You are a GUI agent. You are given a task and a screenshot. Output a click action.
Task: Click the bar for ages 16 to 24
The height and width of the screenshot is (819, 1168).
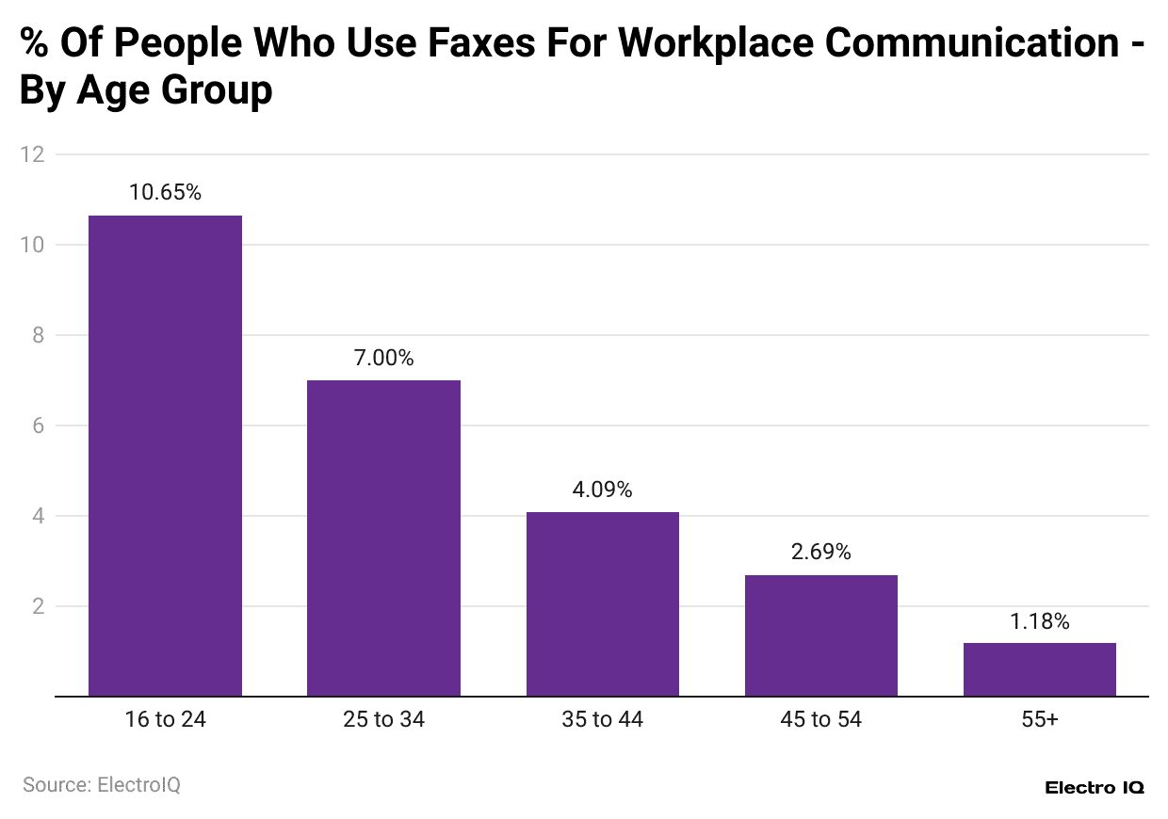(x=165, y=456)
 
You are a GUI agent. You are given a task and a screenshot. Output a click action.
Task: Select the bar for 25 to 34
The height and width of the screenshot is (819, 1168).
(x=383, y=538)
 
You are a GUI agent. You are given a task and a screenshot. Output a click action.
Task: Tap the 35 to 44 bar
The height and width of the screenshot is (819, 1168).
(x=602, y=603)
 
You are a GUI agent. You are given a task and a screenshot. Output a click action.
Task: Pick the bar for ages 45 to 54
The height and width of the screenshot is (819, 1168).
(x=820, y=635)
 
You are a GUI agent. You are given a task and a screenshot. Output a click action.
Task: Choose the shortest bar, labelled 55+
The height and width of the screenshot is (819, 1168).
(x=1039, y=669)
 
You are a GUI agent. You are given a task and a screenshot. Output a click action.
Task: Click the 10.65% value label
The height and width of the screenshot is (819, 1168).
(x=165, y=193)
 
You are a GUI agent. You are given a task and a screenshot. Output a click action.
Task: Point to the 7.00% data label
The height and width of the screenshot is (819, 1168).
(x=383, y=358)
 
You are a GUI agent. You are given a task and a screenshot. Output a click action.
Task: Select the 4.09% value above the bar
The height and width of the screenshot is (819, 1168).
(x=602, y=490)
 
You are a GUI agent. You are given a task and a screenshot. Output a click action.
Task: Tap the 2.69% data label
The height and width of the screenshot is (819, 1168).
(x=820, y=553)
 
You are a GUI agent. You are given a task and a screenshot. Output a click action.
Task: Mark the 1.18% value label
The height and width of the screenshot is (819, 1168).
(x=1039, y=621)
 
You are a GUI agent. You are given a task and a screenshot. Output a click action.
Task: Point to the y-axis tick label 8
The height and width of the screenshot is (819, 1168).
(x=38, y=335)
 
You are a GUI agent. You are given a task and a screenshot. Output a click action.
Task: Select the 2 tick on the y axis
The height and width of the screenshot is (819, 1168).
(x=38, y=606)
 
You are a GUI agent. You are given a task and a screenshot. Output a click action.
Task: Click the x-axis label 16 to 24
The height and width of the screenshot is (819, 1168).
(x=165, y=720)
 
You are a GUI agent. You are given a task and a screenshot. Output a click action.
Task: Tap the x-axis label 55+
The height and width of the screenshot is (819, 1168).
(x=1039, y=720)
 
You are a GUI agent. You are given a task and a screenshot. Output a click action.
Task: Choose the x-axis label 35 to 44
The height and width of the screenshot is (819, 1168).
(x=602, y=720)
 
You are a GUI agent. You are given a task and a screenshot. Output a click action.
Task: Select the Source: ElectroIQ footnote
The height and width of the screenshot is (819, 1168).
(x=102, y=784)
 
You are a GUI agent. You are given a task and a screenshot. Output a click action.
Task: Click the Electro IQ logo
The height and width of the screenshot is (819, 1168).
(x=1095, y=788)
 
